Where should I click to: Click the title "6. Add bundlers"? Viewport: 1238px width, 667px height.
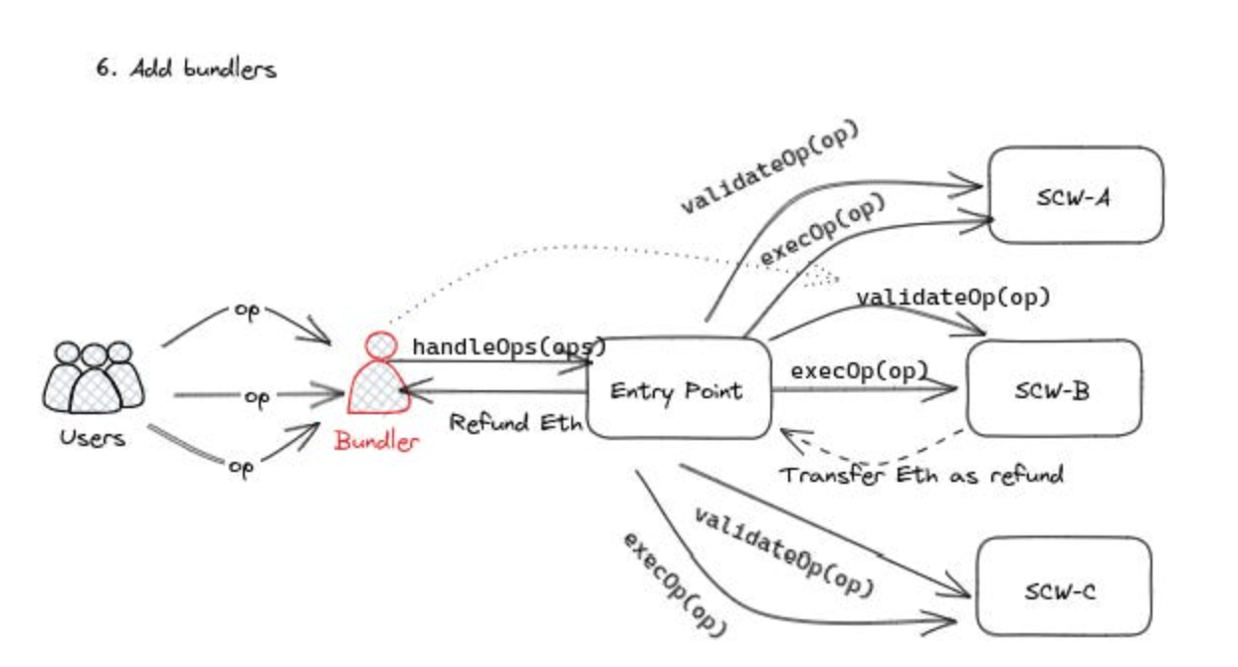pos(185,71)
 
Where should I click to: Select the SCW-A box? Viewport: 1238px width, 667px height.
pos(1075,195)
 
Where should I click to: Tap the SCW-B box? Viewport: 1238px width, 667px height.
pos(1054,388)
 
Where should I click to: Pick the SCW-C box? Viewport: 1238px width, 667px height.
pos(1062,587)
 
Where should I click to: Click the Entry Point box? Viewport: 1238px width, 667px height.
pos(676,389)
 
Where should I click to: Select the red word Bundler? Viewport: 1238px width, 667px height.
pos(377,441)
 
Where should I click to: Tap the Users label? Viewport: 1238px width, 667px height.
pos(93,437)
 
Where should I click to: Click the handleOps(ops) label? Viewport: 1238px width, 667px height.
pos(509,347)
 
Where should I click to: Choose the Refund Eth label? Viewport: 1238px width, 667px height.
pos(515,422)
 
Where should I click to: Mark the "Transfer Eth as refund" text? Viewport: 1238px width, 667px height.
pos(921,474)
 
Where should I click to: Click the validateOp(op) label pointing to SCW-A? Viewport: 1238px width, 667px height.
pos(768,169)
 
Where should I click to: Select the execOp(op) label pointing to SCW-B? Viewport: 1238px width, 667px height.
pos(858,370)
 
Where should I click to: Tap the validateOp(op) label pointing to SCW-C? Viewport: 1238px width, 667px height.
pos(783,552)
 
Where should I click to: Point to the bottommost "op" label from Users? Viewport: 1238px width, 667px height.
pos(241,468)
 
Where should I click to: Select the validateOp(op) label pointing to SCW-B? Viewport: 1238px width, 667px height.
pos(952,297)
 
